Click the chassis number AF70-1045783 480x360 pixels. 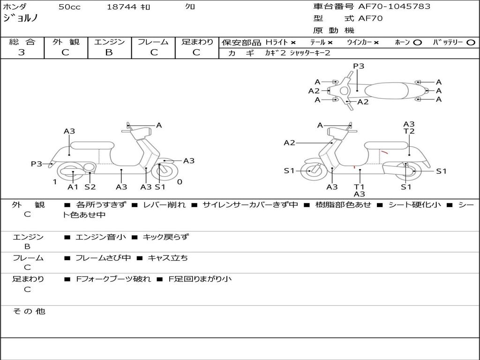click(x=394, y=7)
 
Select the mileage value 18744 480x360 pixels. click(x=121, y=7)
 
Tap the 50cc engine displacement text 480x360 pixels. click(x=69, y=7)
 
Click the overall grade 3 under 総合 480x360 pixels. click(x=22, y=52)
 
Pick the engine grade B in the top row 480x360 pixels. click(x=109, y=52)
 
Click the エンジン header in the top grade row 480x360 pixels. click(x=109, y=42)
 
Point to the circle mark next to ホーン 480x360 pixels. click(x=417, y=43)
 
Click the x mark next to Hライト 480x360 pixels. click(x=293, y=43)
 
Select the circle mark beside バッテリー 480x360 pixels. click(x=471, y=43)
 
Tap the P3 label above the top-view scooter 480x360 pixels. click(x=359, y=66)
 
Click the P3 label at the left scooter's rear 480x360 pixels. click(x=37, y=164)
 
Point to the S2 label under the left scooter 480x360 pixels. click(x=90, y=187)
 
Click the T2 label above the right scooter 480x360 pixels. click(x=409, y=131)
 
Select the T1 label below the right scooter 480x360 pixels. click(x=359, y=187)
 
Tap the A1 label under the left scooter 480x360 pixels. click(x=73, y=187)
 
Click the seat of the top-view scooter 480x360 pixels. click(x=386, y=91)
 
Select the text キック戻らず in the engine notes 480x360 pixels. click(x=166, y=237)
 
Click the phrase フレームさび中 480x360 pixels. click(x=103, y=258)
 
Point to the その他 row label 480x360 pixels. click(x=29, y=311)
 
